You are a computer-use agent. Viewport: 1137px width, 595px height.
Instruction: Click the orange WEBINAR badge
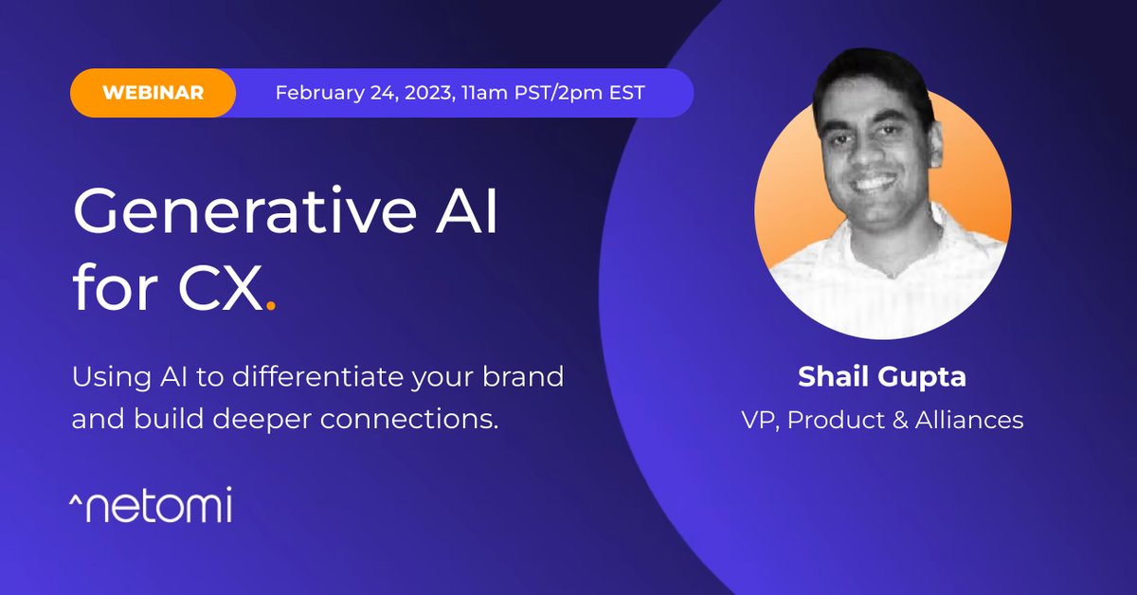[x=153, y=93]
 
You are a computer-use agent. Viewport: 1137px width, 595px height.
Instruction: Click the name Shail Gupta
[x=881, y=376]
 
